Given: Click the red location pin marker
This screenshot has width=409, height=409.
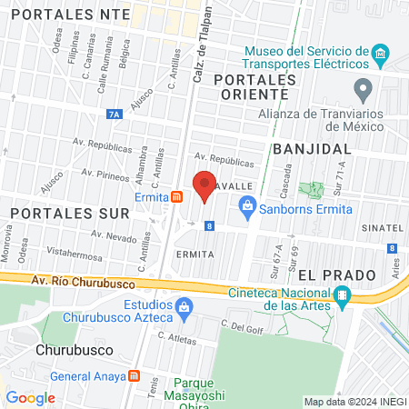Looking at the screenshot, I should [204, 185].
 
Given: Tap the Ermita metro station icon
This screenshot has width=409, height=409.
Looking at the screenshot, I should [176, 197].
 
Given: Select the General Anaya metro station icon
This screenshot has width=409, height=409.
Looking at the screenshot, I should [134, 375].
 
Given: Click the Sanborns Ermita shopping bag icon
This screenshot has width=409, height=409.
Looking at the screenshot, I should [248, 208].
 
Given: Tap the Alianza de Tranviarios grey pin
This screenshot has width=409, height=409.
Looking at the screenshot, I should [364, 90].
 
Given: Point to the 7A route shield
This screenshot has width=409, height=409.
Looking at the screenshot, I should [114, 115].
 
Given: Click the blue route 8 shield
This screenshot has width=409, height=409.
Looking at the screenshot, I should [210, 226].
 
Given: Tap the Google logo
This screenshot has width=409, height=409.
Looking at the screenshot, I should [30, 397].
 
